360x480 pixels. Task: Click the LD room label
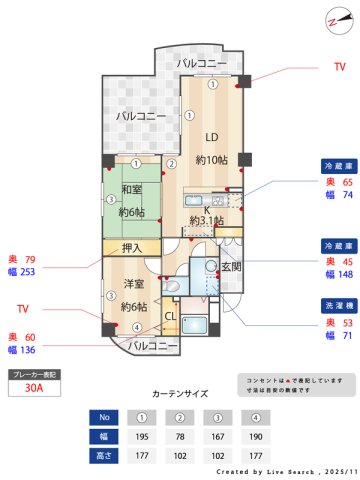point(212,137)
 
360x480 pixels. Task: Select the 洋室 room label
point(134,283)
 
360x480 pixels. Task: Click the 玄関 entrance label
point(231,266)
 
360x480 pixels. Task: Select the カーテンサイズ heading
point(180,396)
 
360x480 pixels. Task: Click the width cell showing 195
point(142,435)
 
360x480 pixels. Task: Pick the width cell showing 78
point(181,435)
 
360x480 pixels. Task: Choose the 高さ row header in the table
point(103,455)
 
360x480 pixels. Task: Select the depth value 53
point(348,322)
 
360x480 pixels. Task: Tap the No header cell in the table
point(103,416)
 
